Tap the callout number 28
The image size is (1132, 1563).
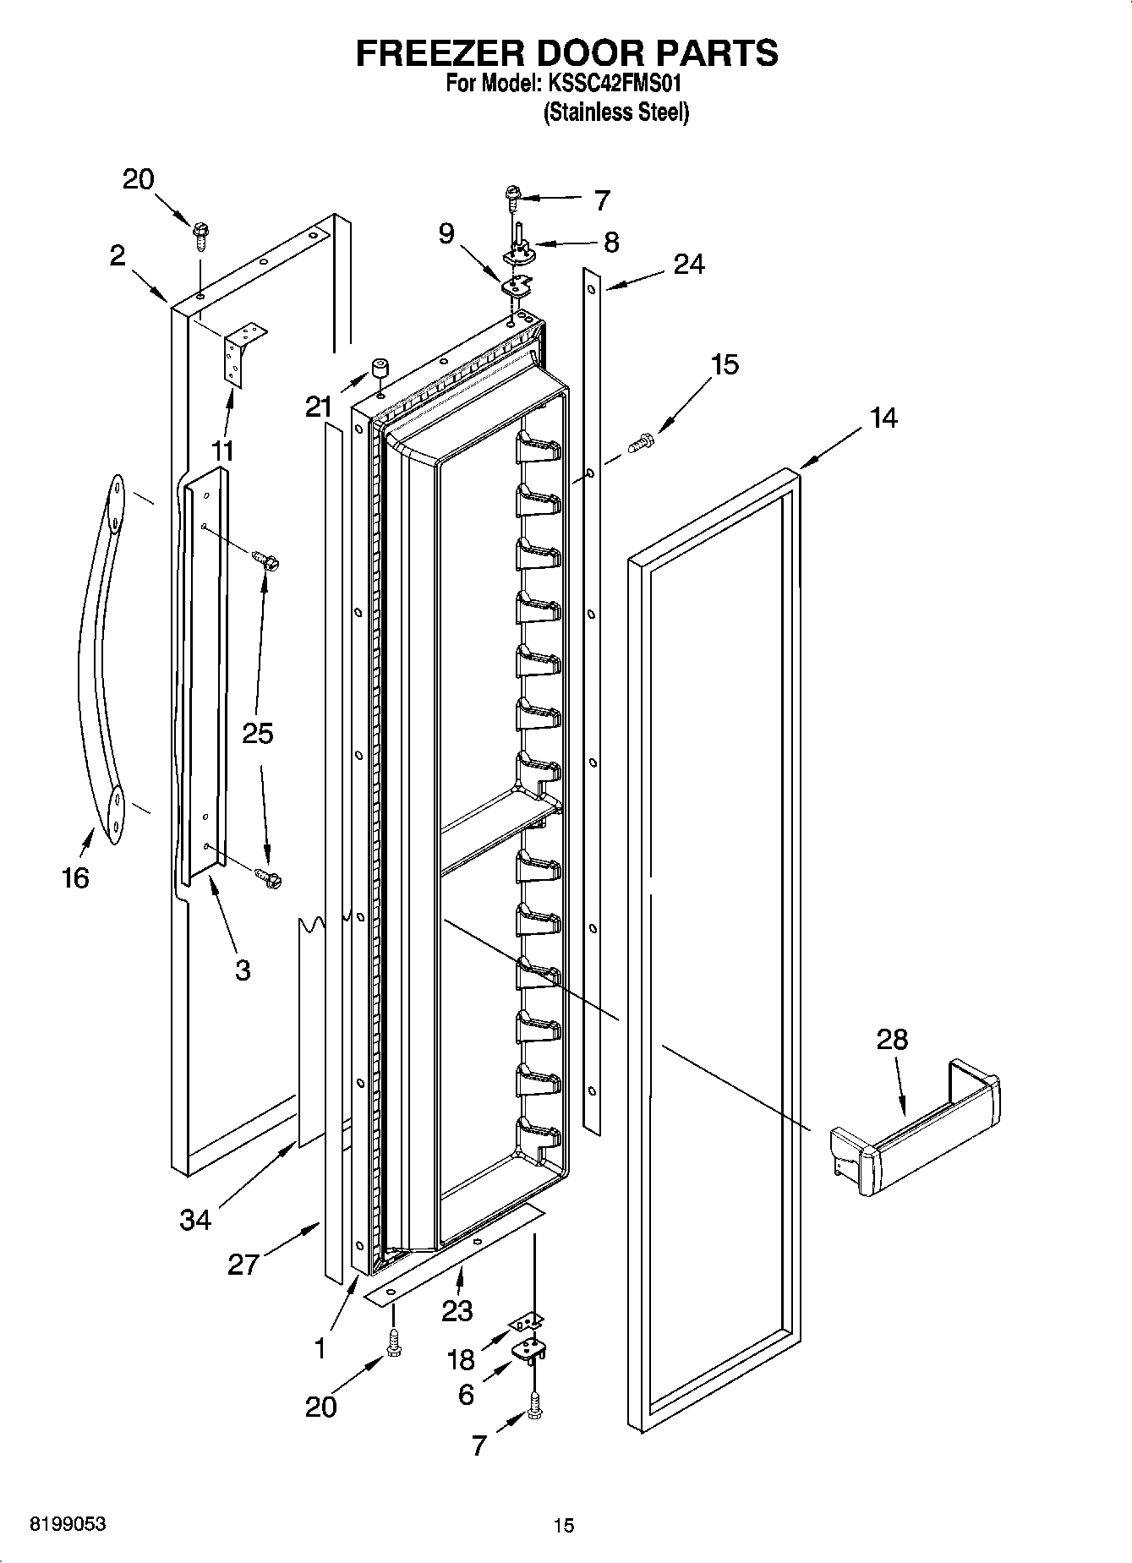point(891,1039)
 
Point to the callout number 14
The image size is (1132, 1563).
point(883,418)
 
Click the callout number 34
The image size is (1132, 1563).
point(195,1220)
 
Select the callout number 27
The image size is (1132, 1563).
point(243,1264)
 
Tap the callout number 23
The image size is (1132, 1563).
point(457,1310)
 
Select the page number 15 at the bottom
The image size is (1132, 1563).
point(564,1526)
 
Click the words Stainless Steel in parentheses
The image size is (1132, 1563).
point(615,112)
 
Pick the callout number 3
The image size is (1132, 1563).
point(243,970)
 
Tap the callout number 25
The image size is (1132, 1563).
point(258,733)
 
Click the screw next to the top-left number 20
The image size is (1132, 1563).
point(201,234)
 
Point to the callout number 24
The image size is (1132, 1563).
point(689,265)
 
